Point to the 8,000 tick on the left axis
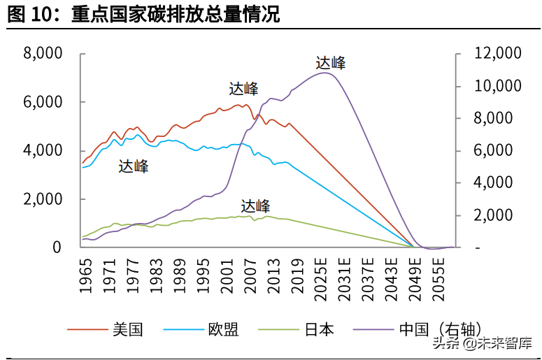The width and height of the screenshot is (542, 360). tap(43, 54)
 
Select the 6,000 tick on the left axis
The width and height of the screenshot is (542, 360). tap(43, 102)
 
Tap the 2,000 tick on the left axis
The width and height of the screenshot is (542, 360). tap(43, 199)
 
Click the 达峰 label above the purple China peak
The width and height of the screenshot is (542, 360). tap(330, 63)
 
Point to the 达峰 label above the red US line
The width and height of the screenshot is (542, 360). tap(243, 89)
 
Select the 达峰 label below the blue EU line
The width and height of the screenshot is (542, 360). tap(133, 166)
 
